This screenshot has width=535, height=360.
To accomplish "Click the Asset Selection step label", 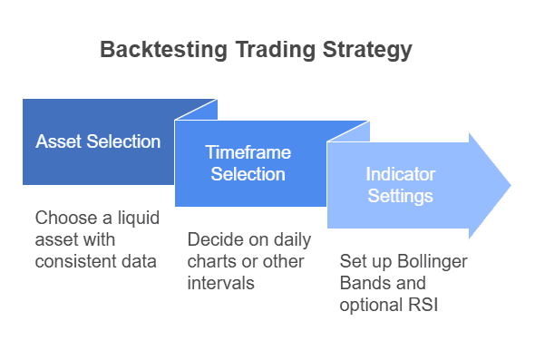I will coord(98,141).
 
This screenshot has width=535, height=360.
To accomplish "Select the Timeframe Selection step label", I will coord(248,163).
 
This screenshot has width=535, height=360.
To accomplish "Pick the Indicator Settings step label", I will coord(400,184).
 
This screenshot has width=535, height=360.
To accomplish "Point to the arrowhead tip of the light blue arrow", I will coord(510,185).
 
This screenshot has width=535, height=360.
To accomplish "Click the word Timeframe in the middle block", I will coord(248,152).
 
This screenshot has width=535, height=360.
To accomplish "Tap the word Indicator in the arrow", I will coord(400,173).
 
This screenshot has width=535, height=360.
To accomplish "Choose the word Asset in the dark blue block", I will coord(58,141).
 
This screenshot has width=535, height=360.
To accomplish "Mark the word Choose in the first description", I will coord(63,219).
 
